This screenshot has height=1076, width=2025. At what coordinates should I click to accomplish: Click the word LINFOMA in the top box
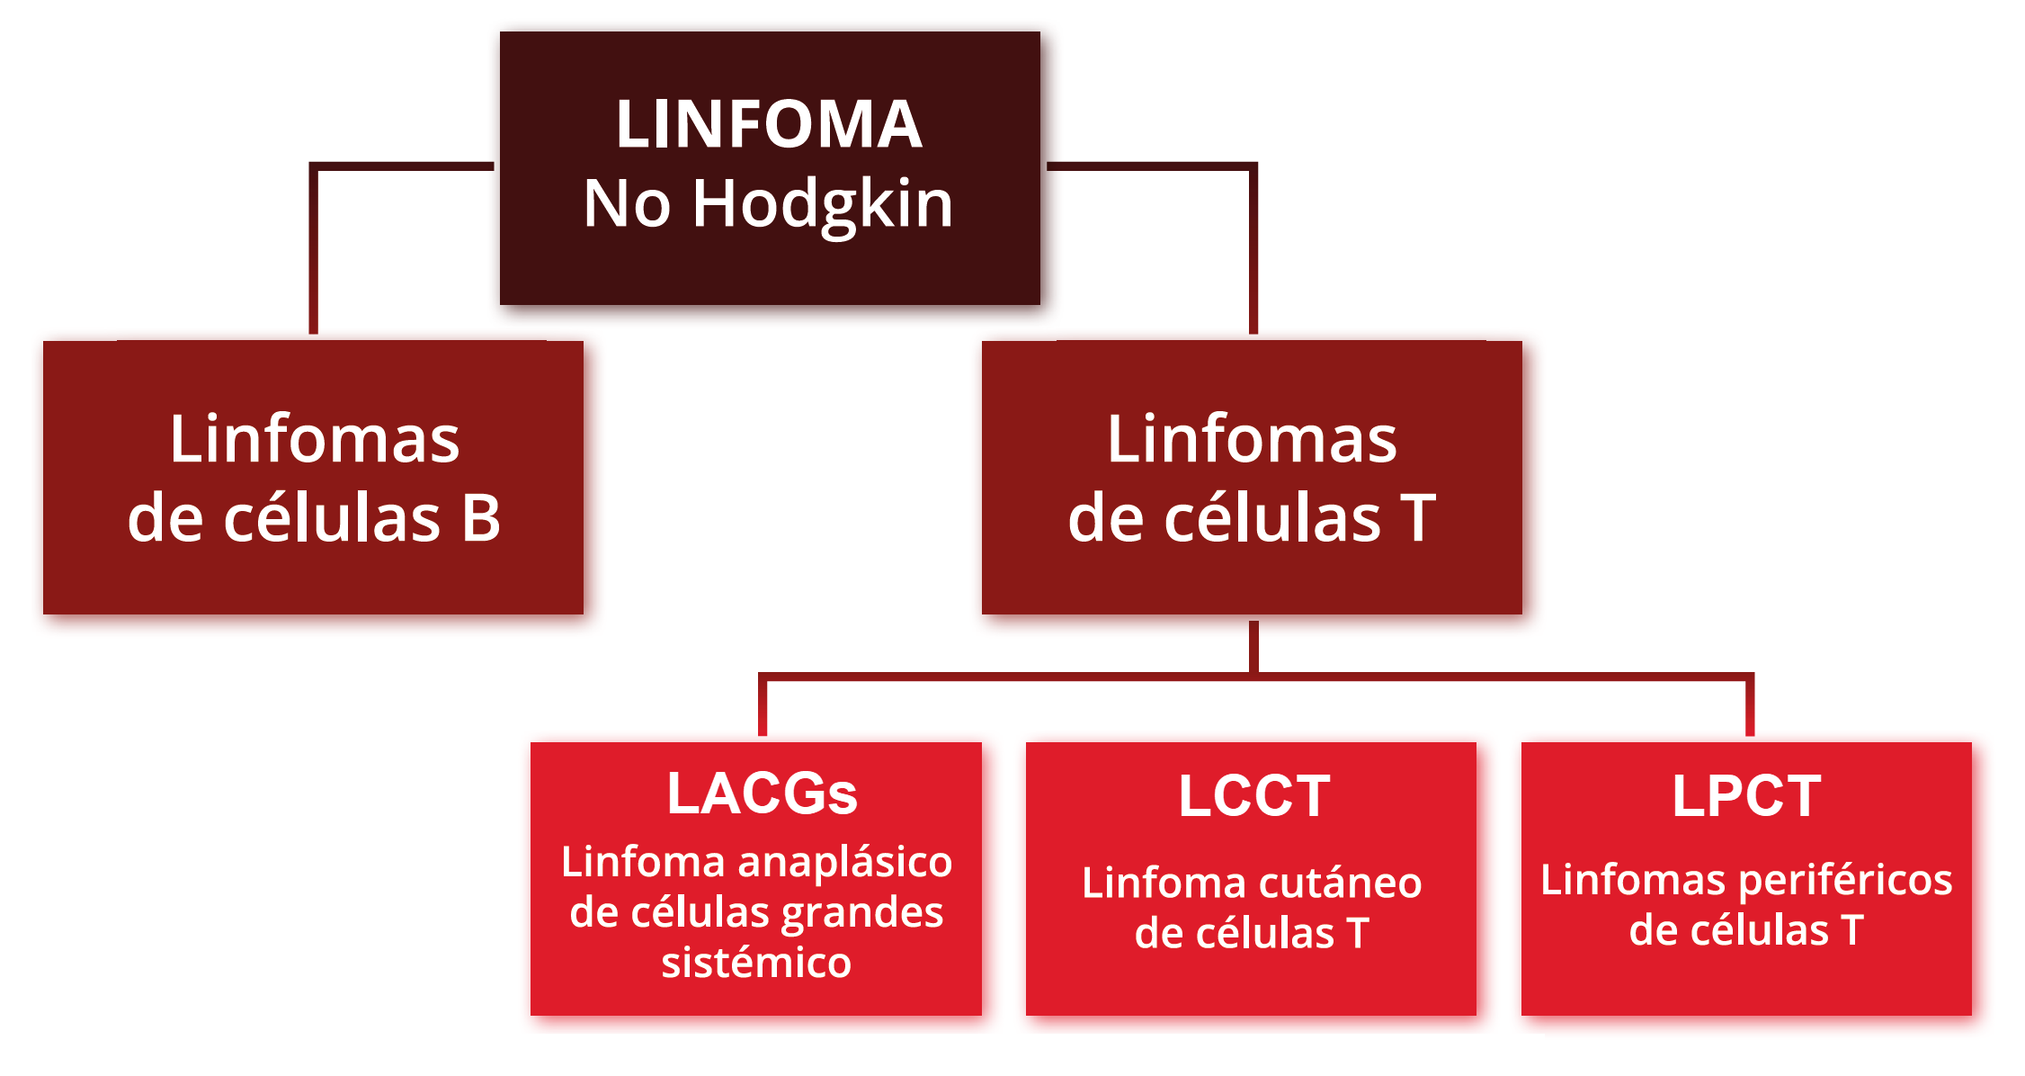pos(769,124)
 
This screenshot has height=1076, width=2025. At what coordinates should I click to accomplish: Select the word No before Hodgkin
pos(627,203)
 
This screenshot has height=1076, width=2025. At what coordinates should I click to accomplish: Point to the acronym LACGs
pos(762,794)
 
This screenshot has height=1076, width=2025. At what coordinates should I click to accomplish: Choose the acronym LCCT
pos(1253,796)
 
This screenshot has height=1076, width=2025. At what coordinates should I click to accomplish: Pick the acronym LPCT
pos(1746,796)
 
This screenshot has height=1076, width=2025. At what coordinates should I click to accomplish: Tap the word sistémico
pos(756,963)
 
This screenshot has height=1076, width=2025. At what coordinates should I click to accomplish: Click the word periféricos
pos(1845,880)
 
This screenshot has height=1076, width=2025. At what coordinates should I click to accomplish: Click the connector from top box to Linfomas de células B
pos(314,243)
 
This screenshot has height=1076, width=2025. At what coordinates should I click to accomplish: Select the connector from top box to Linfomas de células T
pos(1253,243)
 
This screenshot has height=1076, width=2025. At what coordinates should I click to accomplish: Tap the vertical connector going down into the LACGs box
pos(763,706)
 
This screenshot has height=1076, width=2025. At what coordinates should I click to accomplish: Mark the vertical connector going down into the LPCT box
pos(1749,706)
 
